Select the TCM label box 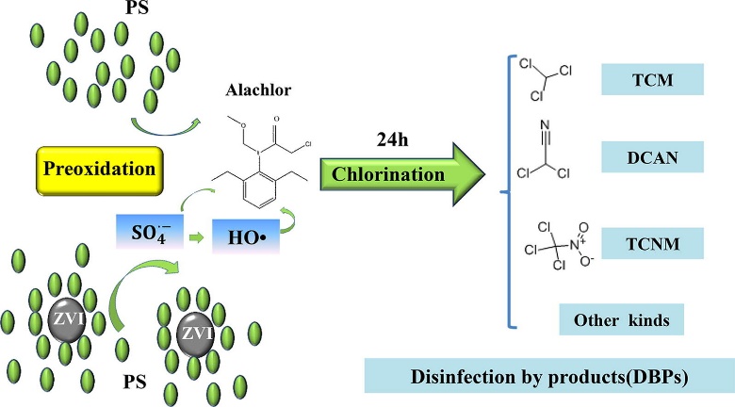(x=652, y=76)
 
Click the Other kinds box (x=621, y=320)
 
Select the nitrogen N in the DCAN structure (x=545, y=122)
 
